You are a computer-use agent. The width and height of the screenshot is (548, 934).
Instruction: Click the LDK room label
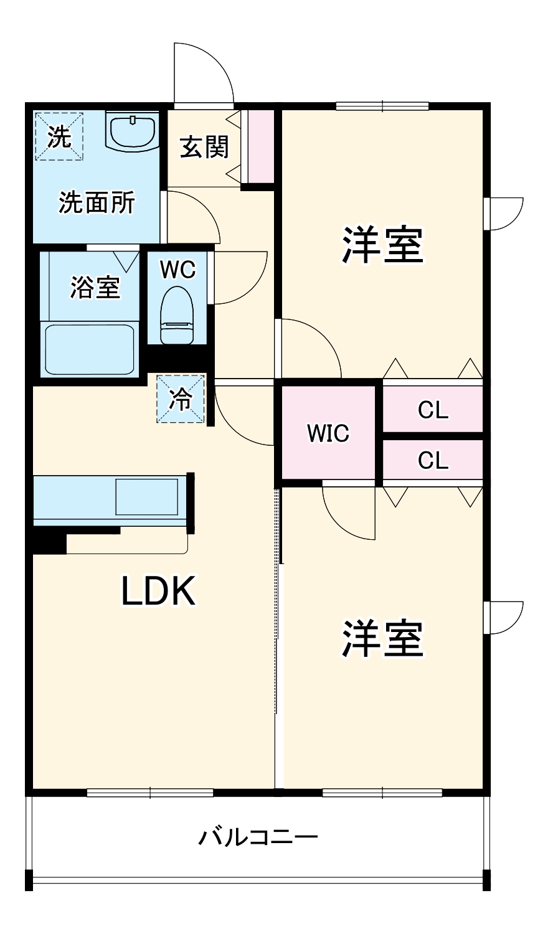tap(158, 592)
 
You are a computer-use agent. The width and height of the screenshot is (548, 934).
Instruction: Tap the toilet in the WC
tap(178, 315)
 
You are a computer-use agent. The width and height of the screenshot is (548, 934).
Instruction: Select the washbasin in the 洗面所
tap(133, 131)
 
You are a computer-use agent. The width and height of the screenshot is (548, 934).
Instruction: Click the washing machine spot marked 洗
tap(59, 136)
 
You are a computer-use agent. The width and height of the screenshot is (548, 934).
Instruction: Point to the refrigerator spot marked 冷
tap(181, 399)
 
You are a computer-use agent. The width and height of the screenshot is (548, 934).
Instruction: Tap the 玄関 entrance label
tap(204, 147)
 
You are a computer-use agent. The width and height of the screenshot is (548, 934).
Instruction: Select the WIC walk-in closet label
tap(328, 433)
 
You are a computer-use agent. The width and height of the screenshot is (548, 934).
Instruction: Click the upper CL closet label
tap(433, 410)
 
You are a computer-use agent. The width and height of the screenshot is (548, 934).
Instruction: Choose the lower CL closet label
tap(433, 461)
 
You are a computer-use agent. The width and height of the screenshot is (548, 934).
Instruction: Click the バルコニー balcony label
tap(258, 837)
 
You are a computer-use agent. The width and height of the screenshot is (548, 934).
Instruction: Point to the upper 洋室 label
tap(382, 245)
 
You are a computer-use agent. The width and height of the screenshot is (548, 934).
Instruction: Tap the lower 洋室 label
tap(382, 639)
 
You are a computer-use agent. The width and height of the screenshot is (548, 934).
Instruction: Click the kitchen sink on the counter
tap(146, 496)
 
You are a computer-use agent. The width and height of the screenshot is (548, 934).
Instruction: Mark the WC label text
tap(177, 270)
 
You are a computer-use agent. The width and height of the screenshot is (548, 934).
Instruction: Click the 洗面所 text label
tap(97, 203)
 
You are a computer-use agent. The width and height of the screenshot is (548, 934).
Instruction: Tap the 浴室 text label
tap(95, 288)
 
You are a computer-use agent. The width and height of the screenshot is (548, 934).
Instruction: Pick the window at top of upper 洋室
tap(382, 106)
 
